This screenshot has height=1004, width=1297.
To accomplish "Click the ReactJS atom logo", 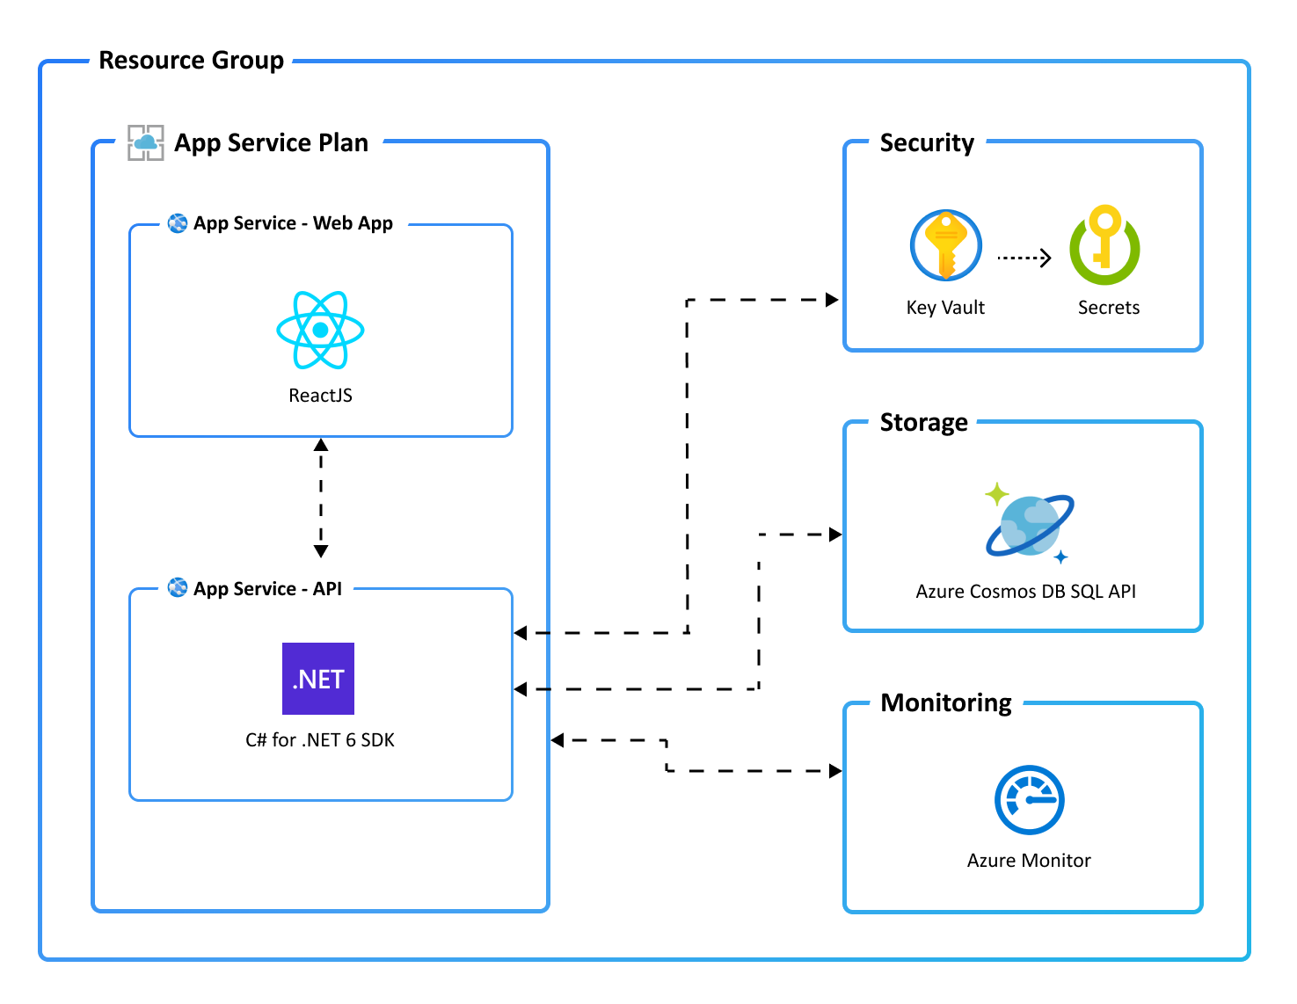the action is tap(320, 330).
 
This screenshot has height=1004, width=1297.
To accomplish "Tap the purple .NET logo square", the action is tap(318, 679).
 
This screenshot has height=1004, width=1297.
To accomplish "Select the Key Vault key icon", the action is tap(945, 244).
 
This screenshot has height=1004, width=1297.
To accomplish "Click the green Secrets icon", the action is tap(1104, 244).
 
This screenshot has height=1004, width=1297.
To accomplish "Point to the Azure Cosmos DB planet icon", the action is tap(1029, 523).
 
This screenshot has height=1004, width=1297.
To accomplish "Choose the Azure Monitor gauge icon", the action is tap(1029, 799).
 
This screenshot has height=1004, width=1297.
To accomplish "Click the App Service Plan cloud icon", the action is tap(146, 142).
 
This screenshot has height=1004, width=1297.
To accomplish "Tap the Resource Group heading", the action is tap(191, 61).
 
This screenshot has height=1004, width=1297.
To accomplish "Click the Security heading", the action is tap(926, 143).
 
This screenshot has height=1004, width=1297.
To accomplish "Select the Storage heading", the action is tap(923, 422).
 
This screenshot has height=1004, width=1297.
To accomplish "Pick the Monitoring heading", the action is tap(945, 702).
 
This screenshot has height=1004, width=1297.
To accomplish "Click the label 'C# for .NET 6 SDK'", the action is tap(319, 739).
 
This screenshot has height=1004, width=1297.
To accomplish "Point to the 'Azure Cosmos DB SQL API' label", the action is tap(1025, 591).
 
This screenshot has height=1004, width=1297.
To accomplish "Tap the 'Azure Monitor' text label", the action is tap(1029, 860).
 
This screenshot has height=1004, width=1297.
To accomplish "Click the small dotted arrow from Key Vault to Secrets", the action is tap(1024, 258).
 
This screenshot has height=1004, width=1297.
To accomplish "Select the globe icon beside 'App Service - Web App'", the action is tap(178, 223).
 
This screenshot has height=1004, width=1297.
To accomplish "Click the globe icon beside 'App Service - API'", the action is tap(178, 587).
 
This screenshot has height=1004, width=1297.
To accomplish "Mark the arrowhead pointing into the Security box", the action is tap(832, 300).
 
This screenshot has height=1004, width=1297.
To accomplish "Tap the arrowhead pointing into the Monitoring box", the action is tap(835, 771).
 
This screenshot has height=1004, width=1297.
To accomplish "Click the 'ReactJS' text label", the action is tap(320, 396).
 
